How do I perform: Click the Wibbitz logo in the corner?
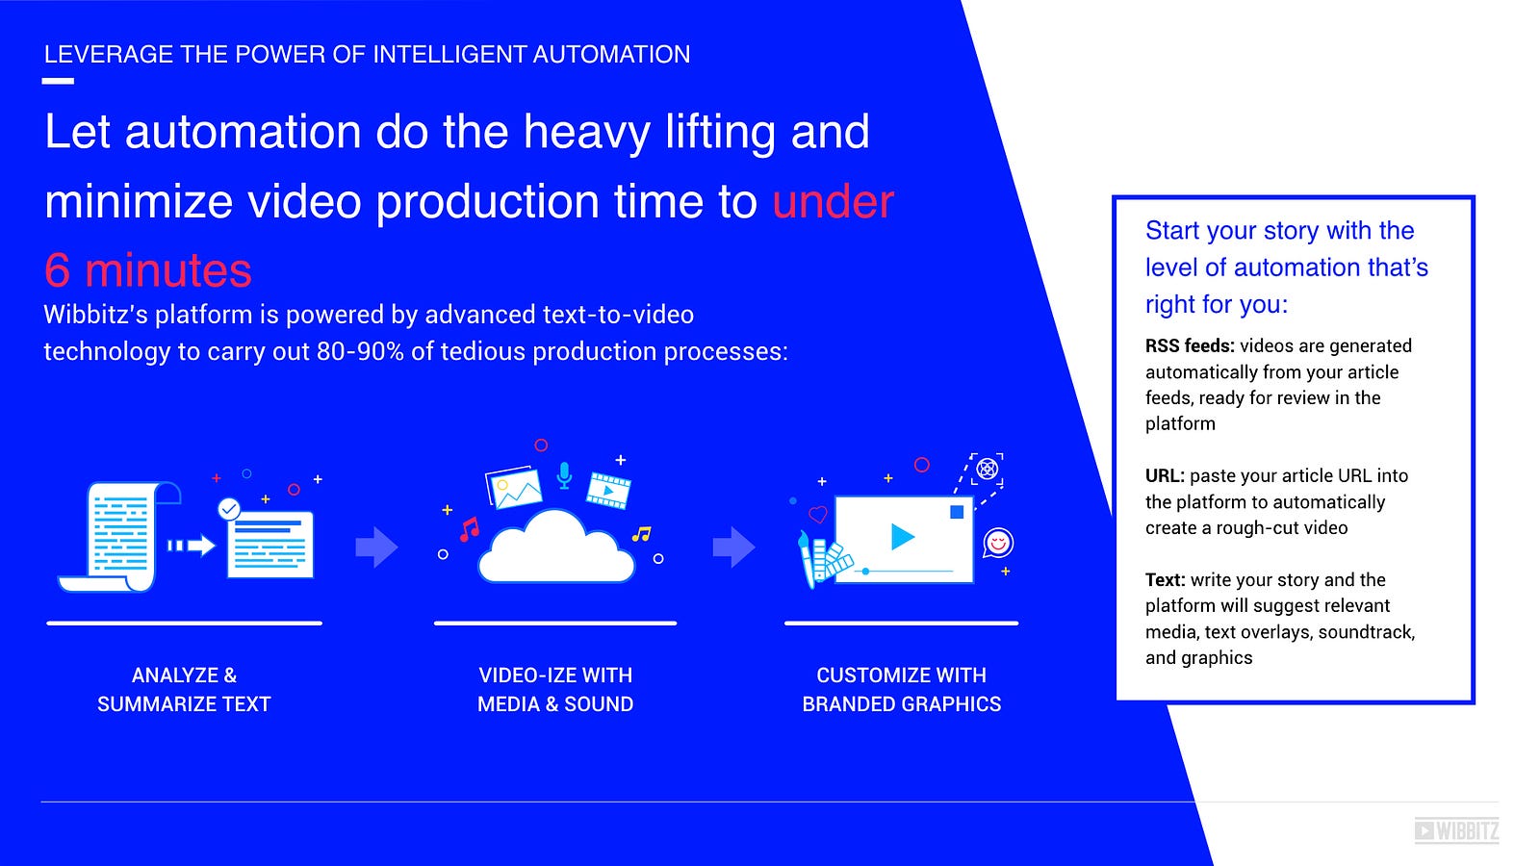1456,831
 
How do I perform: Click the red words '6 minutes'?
148,270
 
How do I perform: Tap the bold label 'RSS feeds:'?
1190,345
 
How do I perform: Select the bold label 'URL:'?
1165,475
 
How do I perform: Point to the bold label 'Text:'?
1166,579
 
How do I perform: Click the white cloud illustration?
556,548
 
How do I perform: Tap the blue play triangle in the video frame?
902,537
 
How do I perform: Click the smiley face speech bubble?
997,543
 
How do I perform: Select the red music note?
470,529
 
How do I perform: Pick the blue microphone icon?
564,475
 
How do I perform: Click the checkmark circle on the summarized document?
229,509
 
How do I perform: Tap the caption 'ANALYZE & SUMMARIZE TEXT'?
184,689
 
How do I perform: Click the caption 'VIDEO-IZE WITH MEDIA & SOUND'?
555,689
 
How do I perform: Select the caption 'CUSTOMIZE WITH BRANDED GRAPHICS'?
901,689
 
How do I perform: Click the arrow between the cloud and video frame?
734,548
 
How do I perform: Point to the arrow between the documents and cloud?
376,548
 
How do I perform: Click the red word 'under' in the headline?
834,201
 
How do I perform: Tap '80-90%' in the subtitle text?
360,352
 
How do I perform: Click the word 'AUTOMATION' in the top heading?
611,54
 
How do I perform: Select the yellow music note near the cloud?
641,534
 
